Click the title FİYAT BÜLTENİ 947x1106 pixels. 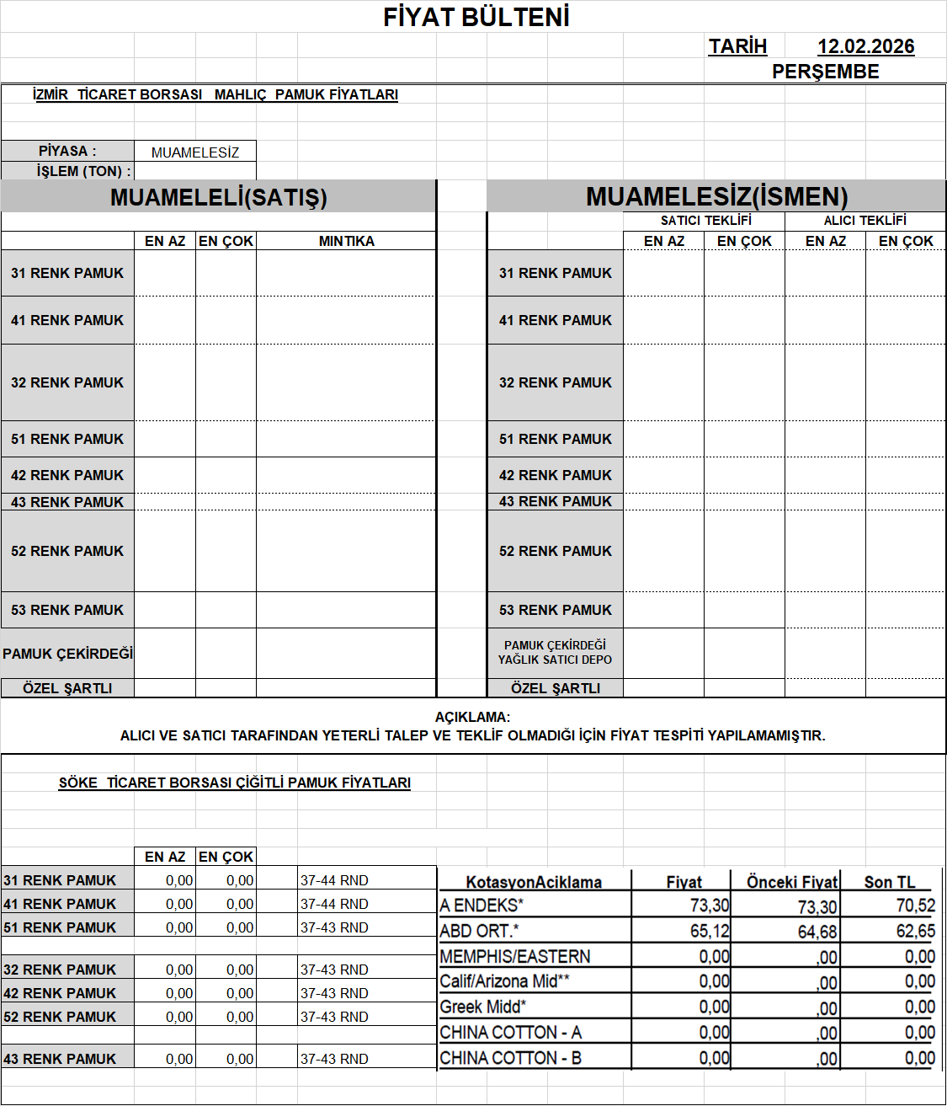click(476, 17)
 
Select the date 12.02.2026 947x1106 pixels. click(865, 46)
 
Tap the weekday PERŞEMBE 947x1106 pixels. click(825, 72)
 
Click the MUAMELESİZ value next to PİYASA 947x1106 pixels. click(195, 152)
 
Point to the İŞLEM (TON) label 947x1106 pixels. click(83, 171)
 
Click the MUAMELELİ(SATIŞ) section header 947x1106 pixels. click(218, 197)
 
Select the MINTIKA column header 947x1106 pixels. click(346, 241)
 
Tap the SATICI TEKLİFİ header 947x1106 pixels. click(705, 221)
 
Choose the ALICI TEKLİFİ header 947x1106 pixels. click(865, 221)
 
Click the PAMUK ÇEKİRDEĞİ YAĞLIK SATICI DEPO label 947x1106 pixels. click(555, 653)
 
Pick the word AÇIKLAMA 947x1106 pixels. click(472, 717)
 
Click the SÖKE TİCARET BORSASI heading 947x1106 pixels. click(234, 783)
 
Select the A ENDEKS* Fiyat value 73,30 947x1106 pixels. click(710, 906)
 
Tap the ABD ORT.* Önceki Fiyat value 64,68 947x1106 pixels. click(817, 932)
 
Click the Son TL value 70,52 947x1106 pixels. click(916, 906)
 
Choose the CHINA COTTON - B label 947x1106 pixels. click(510, 1058)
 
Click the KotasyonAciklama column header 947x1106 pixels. click(534, 882)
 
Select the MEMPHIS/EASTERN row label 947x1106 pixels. click(515, 956)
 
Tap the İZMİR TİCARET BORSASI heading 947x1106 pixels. click(215, 94)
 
